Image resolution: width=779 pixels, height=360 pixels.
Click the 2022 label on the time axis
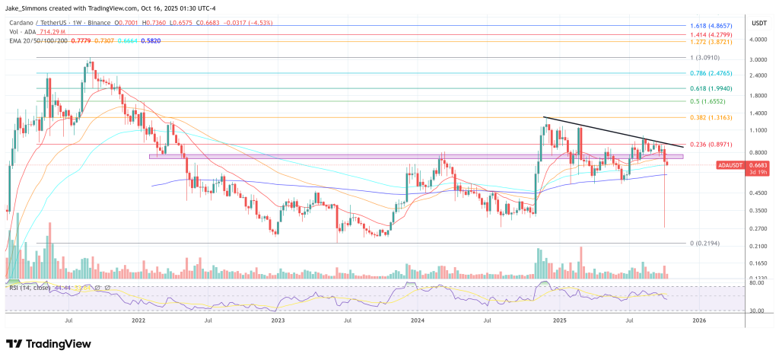pos(138,322)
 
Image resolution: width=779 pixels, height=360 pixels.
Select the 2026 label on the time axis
pos(698,322)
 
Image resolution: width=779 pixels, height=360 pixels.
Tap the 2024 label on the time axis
pos(418,322)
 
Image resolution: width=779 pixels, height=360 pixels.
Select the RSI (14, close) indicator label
pos(30,288)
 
